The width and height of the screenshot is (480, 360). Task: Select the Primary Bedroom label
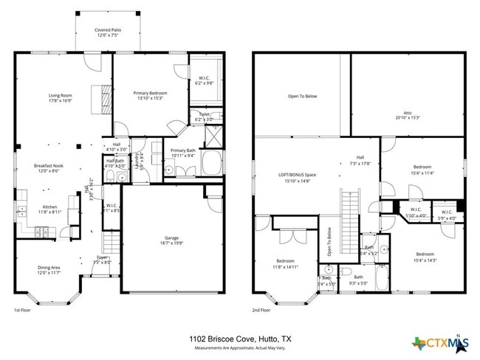tap(150, 94)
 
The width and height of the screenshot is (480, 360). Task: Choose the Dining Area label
tap(49, 268)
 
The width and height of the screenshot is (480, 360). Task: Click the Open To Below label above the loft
tap(303, 96)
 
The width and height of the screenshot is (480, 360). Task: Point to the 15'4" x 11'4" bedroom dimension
tap(423, 173)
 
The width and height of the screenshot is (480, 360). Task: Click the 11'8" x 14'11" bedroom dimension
tap(285, 266)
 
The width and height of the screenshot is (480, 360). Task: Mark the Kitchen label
tap(49, 207)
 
